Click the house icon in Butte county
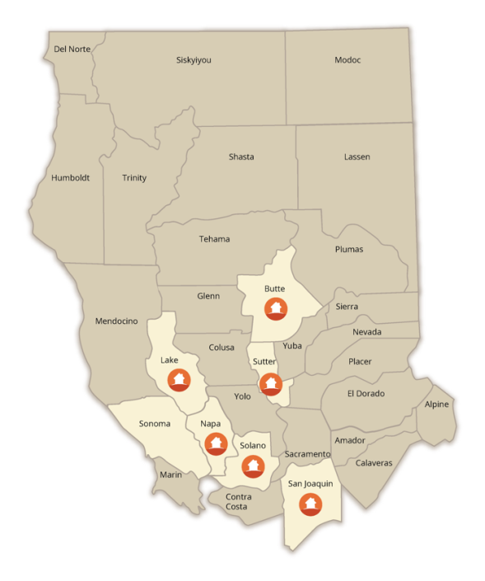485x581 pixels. pos(276,309)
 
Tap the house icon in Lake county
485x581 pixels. pos(179,380)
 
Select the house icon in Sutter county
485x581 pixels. pos(270,383)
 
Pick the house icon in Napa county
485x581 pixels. pos(215,443)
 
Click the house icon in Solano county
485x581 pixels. pos(253,466)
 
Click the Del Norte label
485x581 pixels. pos(72,49)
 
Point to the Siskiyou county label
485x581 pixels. pos(194,60)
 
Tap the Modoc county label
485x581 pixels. pos(347,60)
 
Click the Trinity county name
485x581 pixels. pos(134,178)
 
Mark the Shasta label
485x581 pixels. pos(241,157)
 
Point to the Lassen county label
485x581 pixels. pos(357,157)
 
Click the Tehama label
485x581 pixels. pos(214,239)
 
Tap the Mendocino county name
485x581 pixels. pos(116,321)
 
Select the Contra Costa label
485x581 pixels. pos(238,501)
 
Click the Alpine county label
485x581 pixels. pos(437,405)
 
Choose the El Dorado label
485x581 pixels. pos(366,392)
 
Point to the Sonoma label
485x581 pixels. pos(154,424)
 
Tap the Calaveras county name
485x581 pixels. pos(374,462)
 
